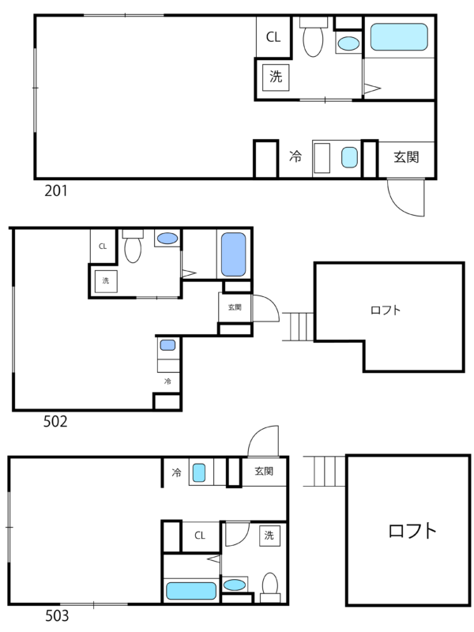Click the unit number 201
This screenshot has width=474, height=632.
[x=56, y=190]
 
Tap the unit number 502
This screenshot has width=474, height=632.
[x=55, y=422]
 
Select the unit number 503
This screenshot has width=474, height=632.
[x=57, y=616]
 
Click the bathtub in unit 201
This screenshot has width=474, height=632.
[x=399, y=37]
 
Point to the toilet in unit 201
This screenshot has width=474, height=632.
[x=313, y=37]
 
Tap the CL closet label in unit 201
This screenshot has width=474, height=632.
[x=273, y=37]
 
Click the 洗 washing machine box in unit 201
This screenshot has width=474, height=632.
[x=276, y=77]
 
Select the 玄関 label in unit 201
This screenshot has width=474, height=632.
[x=406, y=156]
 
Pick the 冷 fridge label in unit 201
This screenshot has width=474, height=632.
[x=295, y=156]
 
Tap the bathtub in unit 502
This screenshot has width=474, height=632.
[x=233, y=254]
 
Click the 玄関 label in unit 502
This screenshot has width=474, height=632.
[x=235, y=307]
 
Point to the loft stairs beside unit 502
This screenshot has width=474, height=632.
[x=299, y=326]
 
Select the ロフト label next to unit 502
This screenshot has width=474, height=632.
[x=386, y=310]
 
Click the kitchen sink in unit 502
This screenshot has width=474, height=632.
[x=167, y=345]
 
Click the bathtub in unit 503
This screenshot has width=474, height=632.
[x=191, y=591]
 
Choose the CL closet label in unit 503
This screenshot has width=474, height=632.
[x=200, y=536]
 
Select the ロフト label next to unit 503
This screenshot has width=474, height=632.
[x=412, y=531]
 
